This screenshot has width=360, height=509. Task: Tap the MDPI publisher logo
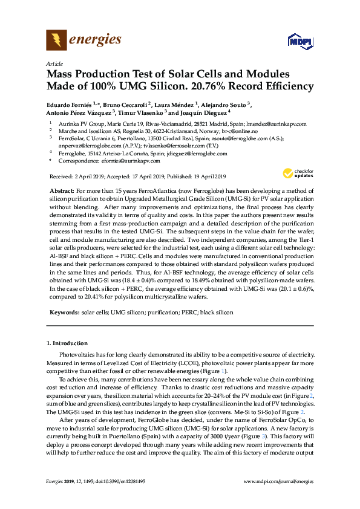pos(296,42)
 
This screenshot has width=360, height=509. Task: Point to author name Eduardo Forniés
pos(69,104)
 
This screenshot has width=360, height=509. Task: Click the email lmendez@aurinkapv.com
pos(278,124)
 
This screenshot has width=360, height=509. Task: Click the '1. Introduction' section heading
pos(67,343)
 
